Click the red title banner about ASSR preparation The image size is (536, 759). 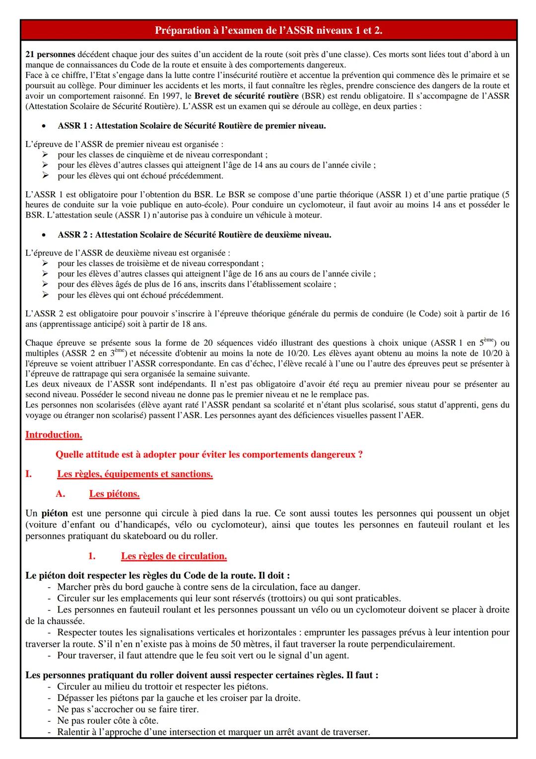[268, 31]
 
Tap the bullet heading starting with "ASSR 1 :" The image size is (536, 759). [192, 126]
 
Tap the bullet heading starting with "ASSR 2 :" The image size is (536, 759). [194, 234]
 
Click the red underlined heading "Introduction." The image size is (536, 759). [54, 435]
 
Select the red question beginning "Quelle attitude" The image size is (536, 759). [208, 455]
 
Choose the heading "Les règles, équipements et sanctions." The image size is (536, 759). [135, 474]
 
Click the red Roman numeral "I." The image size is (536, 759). [29, 474]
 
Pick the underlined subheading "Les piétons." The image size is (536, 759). [114, 494]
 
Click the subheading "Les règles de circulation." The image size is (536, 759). [174, 556]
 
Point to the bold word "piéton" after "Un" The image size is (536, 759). [54, 513]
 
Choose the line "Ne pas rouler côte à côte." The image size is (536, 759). [108, 721]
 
